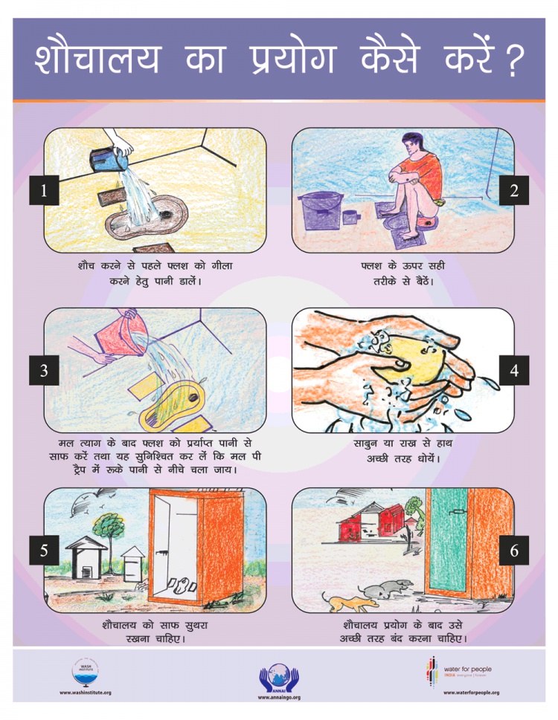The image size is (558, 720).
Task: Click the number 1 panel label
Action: [x=44, y=190]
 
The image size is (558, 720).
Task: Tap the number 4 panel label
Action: [x=514, y=370]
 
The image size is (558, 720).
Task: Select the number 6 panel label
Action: [x=514, y=550]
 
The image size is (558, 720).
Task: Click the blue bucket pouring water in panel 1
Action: [x=109, y=159]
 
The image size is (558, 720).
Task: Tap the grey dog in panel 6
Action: [x=387, y=588]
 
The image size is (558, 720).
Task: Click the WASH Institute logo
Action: [x=85, y=673]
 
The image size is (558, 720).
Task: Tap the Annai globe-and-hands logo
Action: [x=278, y=678]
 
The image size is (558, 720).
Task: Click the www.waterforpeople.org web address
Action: [x=471, y=693]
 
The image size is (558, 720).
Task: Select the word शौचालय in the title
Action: [x=97, y=59]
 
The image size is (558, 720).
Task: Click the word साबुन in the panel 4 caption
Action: [x=366, y=444]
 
